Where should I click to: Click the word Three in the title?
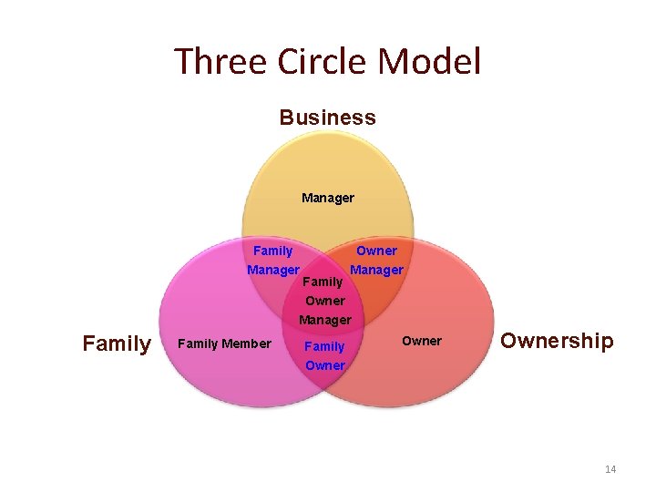[x=215, y=62]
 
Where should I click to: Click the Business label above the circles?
[x=327, y=118]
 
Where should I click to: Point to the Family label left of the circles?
[x=117, y=343]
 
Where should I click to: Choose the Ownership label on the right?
[x=557, y=341]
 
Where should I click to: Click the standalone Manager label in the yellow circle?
[x=328, y=198]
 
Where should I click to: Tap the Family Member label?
[x=224, y=343]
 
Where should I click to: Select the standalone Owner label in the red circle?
[x=422, y=341]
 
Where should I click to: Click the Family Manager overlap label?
[x=273, y=261]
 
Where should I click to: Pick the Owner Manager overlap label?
[x=376, y=261]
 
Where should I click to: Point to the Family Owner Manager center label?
[x=325, y=301]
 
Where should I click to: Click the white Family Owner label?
[x=325, y=356]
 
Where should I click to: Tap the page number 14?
[x=610, y=469]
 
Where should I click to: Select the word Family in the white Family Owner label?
[x=324, y=346]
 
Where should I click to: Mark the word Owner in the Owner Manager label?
[x=376, y=251]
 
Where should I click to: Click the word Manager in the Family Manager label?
[x=273, y=271]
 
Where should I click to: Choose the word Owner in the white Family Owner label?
[x=325, y=366]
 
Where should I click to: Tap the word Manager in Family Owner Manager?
[x=325, y=320]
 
